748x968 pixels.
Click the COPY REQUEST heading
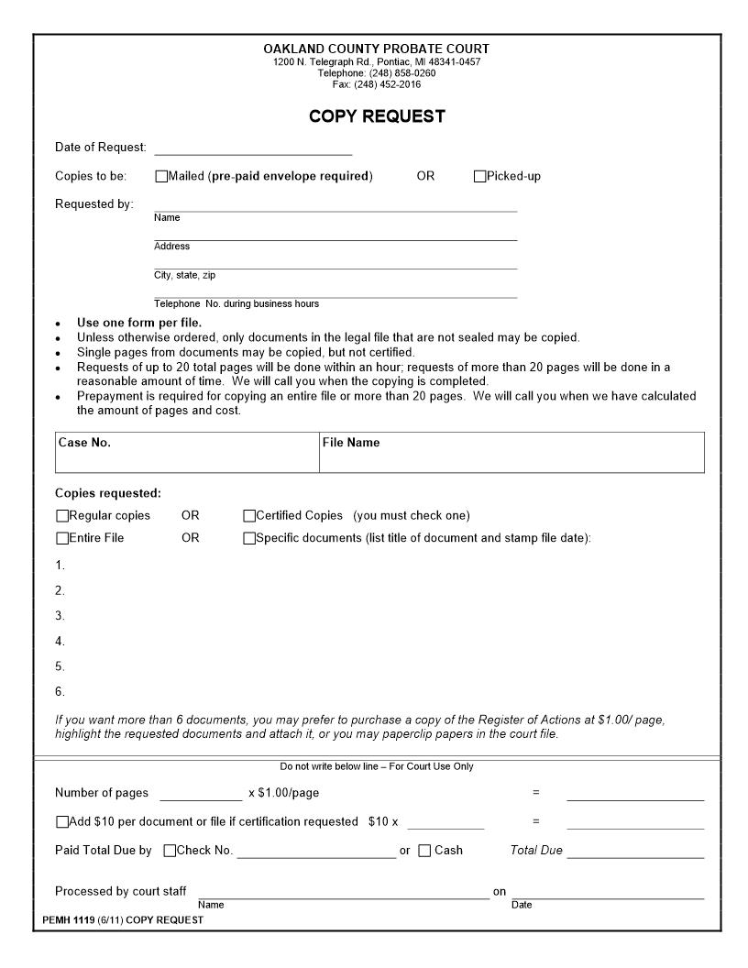click(x=377, y=116)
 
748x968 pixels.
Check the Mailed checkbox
click(x=161, y=176)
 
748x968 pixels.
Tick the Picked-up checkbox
click(x=479, y=176)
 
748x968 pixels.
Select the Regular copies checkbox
click(x=62, y=516)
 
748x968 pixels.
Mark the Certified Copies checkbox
click(x=249, y=516)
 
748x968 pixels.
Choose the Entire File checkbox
click(x=62, y=538)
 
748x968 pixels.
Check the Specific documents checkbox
click(x=249, y=538)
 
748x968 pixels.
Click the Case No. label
click(x=84, y=443)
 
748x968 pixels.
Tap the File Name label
click(x=350, y=443)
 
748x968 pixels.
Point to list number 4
click(x=60, y=642)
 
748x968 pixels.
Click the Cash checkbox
click(x=424, y=851)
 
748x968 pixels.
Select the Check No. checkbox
click(x=170, y=851)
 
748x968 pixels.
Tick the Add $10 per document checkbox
click(x=62, y=822)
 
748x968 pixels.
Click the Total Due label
click(x=536, y=851)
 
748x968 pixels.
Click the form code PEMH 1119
click(x=69, y=920)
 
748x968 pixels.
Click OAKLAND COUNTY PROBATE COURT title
click(x=377, y=49)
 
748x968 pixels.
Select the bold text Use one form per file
click(x=139, y=323)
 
